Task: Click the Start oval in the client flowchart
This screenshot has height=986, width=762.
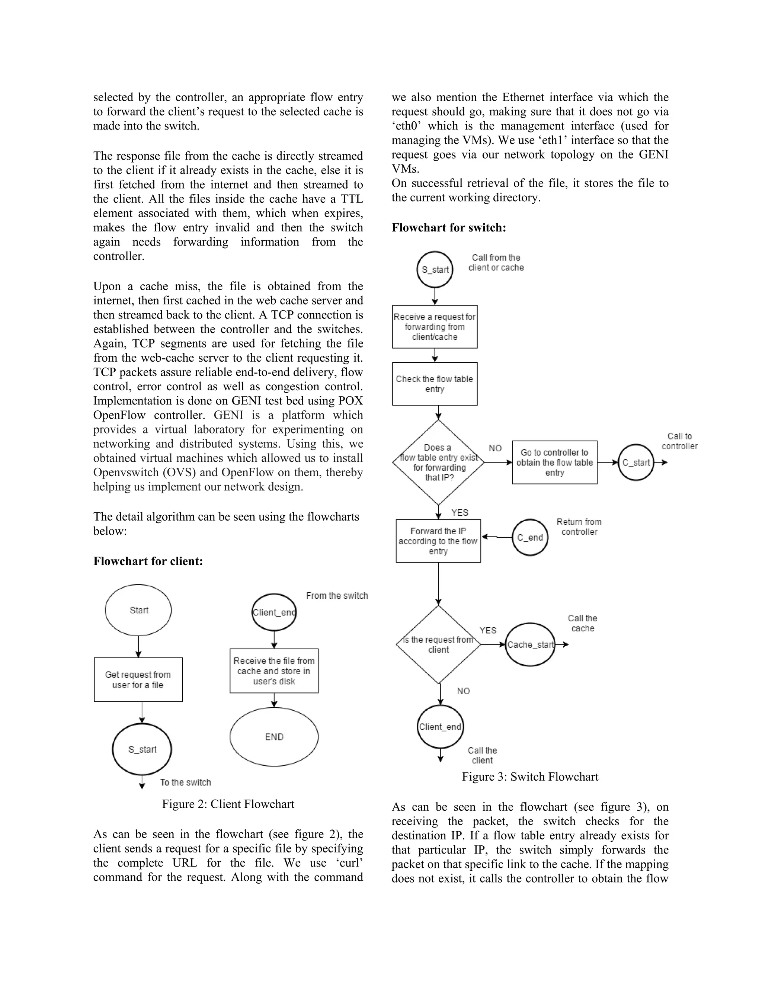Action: (138, 610)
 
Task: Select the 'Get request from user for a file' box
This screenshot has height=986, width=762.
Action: (138, 679)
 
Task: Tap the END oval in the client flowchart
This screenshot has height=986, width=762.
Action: (274, 736)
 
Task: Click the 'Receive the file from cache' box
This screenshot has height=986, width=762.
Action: (274, 670)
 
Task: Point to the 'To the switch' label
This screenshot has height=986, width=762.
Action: (185, 782)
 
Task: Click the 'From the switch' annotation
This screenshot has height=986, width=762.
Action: (337, 595)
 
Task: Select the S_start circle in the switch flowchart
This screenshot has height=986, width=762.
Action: (435, 269)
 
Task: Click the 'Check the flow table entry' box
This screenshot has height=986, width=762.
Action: (435, 384)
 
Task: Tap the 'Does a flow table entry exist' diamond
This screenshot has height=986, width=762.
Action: (438, 462)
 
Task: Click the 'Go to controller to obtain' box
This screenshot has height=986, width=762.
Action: (554, 462)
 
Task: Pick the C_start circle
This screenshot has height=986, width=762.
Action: (635, 462)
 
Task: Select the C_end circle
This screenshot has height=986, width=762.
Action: (530, 537)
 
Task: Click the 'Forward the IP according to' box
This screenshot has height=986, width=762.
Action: (438, 541)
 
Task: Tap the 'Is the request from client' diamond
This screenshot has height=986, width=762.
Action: (438, 645)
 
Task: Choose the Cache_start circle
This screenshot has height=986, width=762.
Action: (530, 645)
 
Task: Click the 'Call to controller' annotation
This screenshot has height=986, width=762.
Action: (679, 441)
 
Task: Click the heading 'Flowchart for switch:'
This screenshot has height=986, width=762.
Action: (449, 228)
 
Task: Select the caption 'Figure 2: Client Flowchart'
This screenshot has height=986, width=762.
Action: (228, 804)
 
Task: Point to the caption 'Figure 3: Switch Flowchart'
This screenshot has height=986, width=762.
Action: (530, 777)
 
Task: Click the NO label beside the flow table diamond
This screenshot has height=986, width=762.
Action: (495, 448)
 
